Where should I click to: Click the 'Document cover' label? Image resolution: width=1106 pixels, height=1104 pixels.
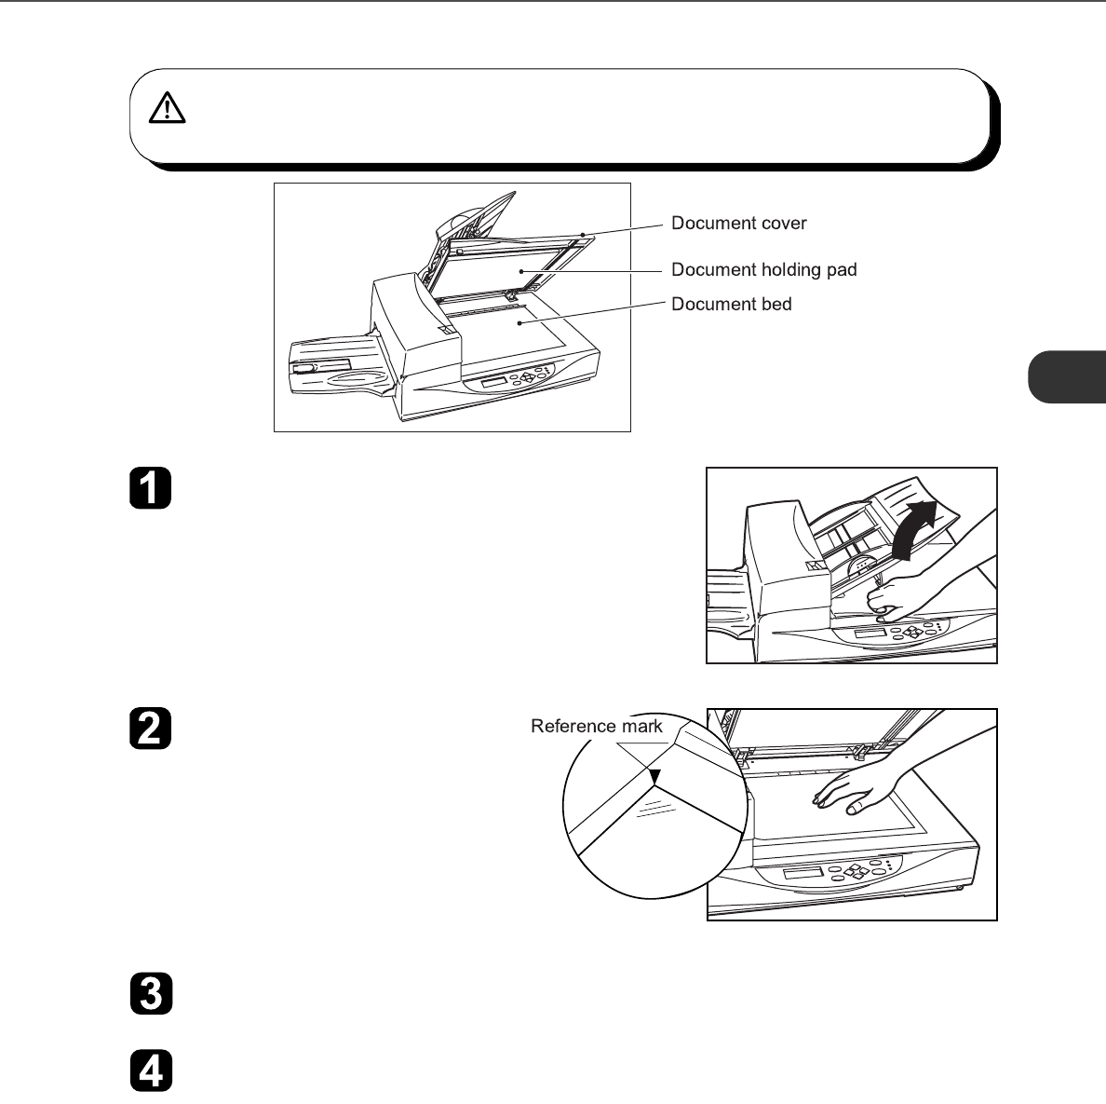[739, 224]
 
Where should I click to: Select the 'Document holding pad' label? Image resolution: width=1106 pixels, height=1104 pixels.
[763, 270]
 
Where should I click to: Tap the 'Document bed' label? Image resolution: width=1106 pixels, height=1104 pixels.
[732, 305]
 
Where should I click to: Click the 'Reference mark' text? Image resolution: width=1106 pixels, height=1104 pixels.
[597, 727]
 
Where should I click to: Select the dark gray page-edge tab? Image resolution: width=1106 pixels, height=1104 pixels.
[1068, 375]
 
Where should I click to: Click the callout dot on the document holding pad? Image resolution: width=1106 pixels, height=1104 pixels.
[523, 271]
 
